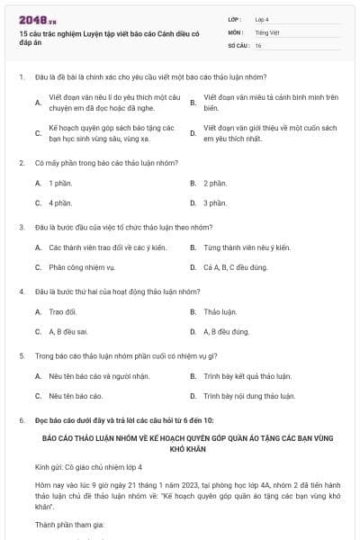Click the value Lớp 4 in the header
262,18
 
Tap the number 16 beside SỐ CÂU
258,45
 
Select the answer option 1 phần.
60,183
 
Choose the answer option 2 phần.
215,183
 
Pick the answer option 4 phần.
60,202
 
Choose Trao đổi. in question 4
63,311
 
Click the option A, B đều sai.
67,331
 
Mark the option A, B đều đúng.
226,331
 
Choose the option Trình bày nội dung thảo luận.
249,396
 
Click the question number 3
22,227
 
